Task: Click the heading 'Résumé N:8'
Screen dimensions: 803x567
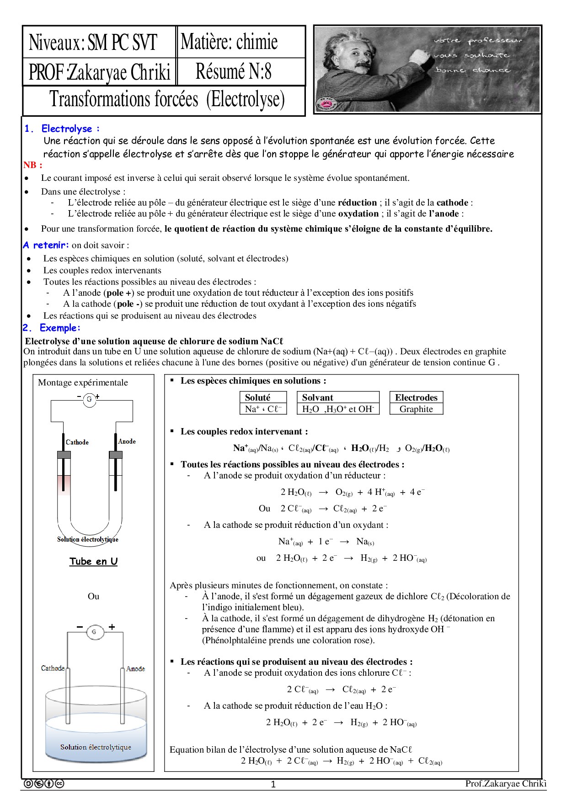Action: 233,72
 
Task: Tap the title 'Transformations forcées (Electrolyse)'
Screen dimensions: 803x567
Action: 167,99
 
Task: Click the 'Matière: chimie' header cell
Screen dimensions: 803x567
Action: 229,42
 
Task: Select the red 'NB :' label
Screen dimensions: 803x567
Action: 33,165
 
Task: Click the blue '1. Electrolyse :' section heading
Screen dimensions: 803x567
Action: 62,129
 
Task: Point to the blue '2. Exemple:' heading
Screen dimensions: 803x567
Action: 51,328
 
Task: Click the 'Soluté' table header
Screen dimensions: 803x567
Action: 257,397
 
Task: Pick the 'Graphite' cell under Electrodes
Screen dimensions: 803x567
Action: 416,409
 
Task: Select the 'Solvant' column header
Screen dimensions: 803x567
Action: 317,397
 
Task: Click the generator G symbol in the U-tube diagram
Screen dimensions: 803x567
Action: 89,399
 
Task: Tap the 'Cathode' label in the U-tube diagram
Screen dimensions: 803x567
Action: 77,442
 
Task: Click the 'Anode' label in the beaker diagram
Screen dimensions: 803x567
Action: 136,668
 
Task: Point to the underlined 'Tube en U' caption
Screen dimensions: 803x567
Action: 93,561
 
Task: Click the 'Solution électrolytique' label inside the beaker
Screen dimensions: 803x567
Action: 96,747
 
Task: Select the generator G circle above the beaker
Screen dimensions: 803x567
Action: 94,632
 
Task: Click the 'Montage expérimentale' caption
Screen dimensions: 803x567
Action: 83,383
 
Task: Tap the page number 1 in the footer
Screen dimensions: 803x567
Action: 273,785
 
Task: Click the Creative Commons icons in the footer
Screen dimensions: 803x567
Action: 43,784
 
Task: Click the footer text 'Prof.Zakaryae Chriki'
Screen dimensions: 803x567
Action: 506,783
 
